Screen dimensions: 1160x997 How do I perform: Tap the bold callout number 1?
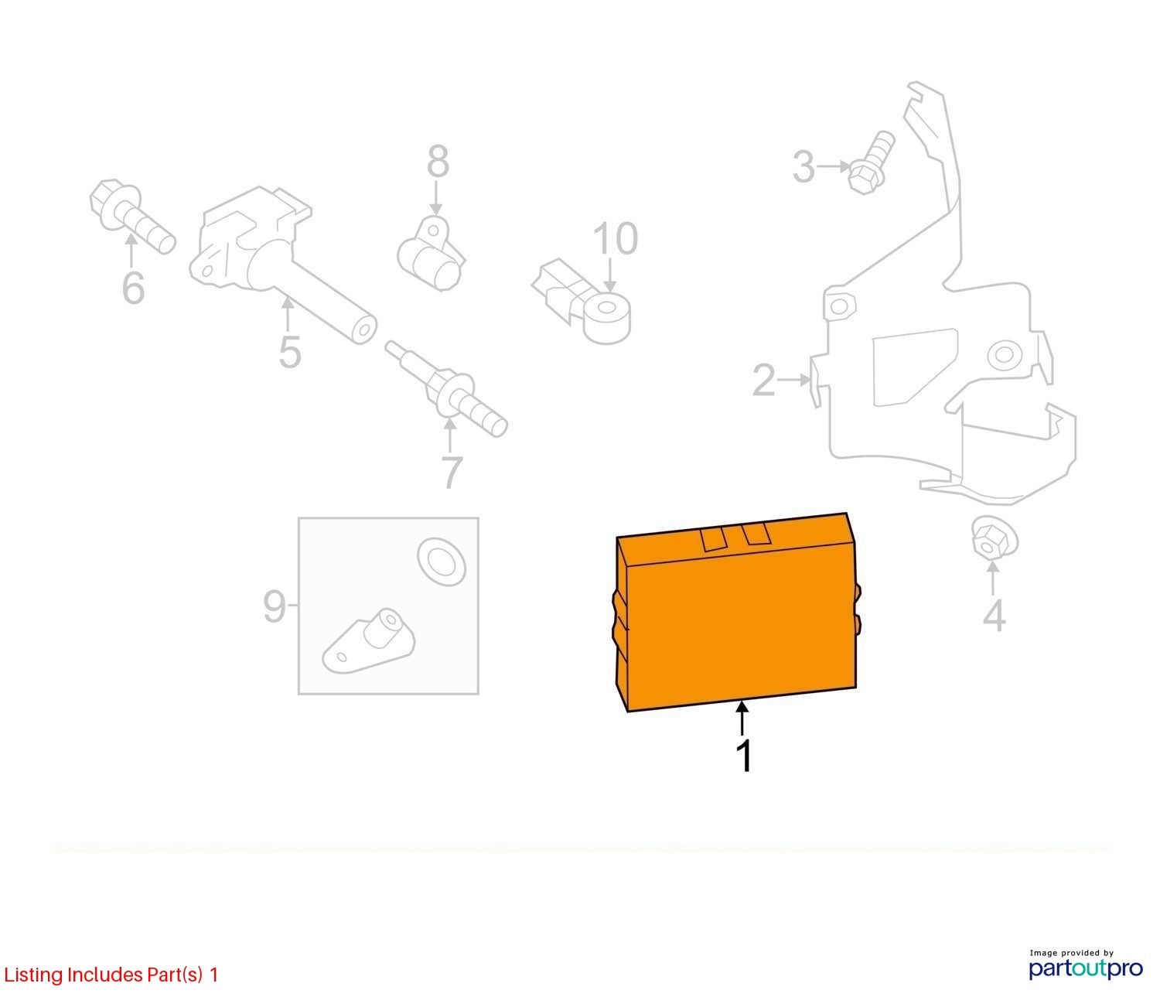pyautogui.click(x=744, y=756)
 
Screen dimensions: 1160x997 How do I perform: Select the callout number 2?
pyautogui.click(x=763, y=381)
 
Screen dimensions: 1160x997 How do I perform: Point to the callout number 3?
pyautogui.click(x=803, y=167)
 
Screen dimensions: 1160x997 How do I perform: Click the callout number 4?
pyautogui.click(x=994, y=616)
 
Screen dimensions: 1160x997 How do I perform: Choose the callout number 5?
pyautogui.click(x=289, y=352)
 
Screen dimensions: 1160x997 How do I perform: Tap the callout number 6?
pyautogui.click(x=133, y=288)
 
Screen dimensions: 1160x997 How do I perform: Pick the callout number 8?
pyautogui.click(x=438, y=162)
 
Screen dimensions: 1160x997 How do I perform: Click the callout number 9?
pyautogui.click(x=275, y=606)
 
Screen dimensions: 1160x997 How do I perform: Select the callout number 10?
pyautogui.click(x=616, y=239)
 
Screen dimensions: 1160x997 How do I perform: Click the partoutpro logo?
pyautogui.click(x=1085, y=967)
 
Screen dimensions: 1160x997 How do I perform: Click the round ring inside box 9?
pyautogui.click(x=442, y=558)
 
